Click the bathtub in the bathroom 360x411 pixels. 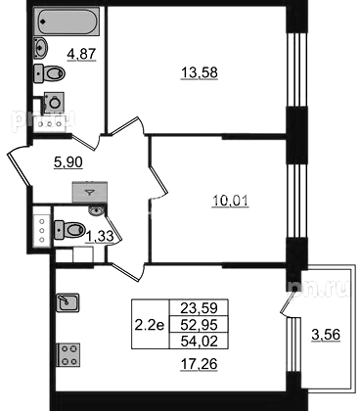tap(67, 22)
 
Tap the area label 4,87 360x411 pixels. tap(81, 54)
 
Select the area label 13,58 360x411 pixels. tap(200, 72)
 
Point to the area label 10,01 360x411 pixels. tap(230, 201)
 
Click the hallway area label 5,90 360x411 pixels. tap(68, 161)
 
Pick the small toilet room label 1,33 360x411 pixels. tap(100, 236)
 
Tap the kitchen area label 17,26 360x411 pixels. tap(199, 364)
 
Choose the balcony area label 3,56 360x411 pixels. tap(326, 335)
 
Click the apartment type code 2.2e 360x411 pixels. tap(150, 325)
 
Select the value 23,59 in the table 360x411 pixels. tap(199, 307)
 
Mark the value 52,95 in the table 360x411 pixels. tap(199, 325)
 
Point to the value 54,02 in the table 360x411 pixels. tap(199, 342)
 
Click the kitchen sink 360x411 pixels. tap(67, 302)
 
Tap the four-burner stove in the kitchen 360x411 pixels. tap(68, 355)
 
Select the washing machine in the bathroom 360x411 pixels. tap(54, 102)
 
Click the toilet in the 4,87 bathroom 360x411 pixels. tap(50, 73)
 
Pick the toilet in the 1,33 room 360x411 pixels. tap(69, 230)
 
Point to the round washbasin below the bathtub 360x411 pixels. tap(41, 48)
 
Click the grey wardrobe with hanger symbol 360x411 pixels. tap(90, 193)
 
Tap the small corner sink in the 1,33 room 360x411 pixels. tap(96, 210)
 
